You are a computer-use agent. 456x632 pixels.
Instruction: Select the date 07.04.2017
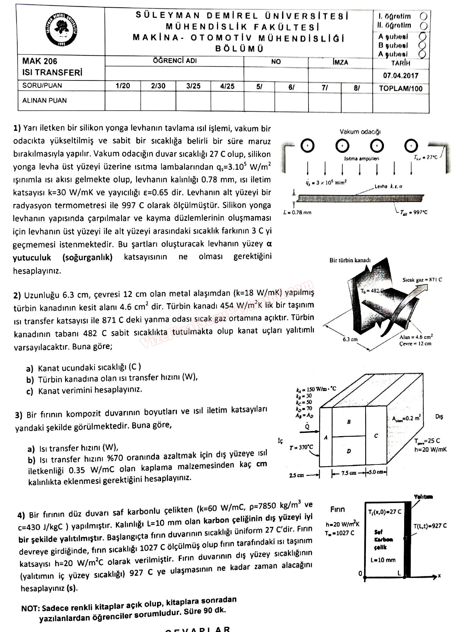pos(400,76)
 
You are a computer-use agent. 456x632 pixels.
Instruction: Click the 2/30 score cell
pos(158,86)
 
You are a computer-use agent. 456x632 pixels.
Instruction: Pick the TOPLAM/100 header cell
pos(400,89)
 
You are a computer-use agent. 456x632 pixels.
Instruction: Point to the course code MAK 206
pos(40,61)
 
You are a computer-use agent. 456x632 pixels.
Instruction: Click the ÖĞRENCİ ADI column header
pos(175,61)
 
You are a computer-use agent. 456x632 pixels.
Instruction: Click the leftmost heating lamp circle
pos(307,146)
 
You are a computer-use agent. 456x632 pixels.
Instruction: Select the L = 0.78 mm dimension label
pos(298,212)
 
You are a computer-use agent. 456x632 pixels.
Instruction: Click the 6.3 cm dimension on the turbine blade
pos(350,339)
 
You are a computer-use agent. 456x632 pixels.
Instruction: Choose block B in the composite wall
pos(349,422)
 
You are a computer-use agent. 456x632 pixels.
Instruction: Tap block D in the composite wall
pos(349,451)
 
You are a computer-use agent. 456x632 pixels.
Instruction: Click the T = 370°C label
pos(301,447)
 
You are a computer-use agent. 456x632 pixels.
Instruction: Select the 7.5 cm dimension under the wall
pos(348,473)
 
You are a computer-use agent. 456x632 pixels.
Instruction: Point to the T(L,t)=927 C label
pos(430,526)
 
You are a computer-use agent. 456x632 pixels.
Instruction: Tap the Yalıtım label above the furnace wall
pos(423,497)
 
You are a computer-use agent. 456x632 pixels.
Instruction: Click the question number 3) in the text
pos(19,415)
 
